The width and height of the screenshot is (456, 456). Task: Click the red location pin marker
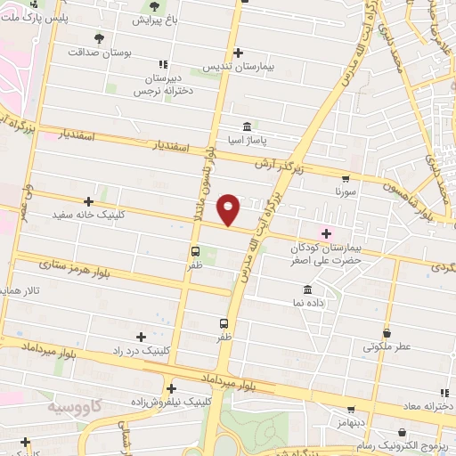pyautogui.click(x=230, y=208)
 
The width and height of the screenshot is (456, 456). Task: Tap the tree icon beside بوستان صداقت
pyautogui.click(x=98, y=38)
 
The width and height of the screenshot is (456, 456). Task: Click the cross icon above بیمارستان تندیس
pyautogui.click(x=237, y=52)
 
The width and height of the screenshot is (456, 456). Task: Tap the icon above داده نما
pyautogui.click(x=307, y=290)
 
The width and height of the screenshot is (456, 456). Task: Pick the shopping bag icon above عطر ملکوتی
pyautogui.click(x=387, y=332)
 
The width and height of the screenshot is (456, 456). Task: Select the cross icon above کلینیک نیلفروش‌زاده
pyautogui.click(x=170, y=387)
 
